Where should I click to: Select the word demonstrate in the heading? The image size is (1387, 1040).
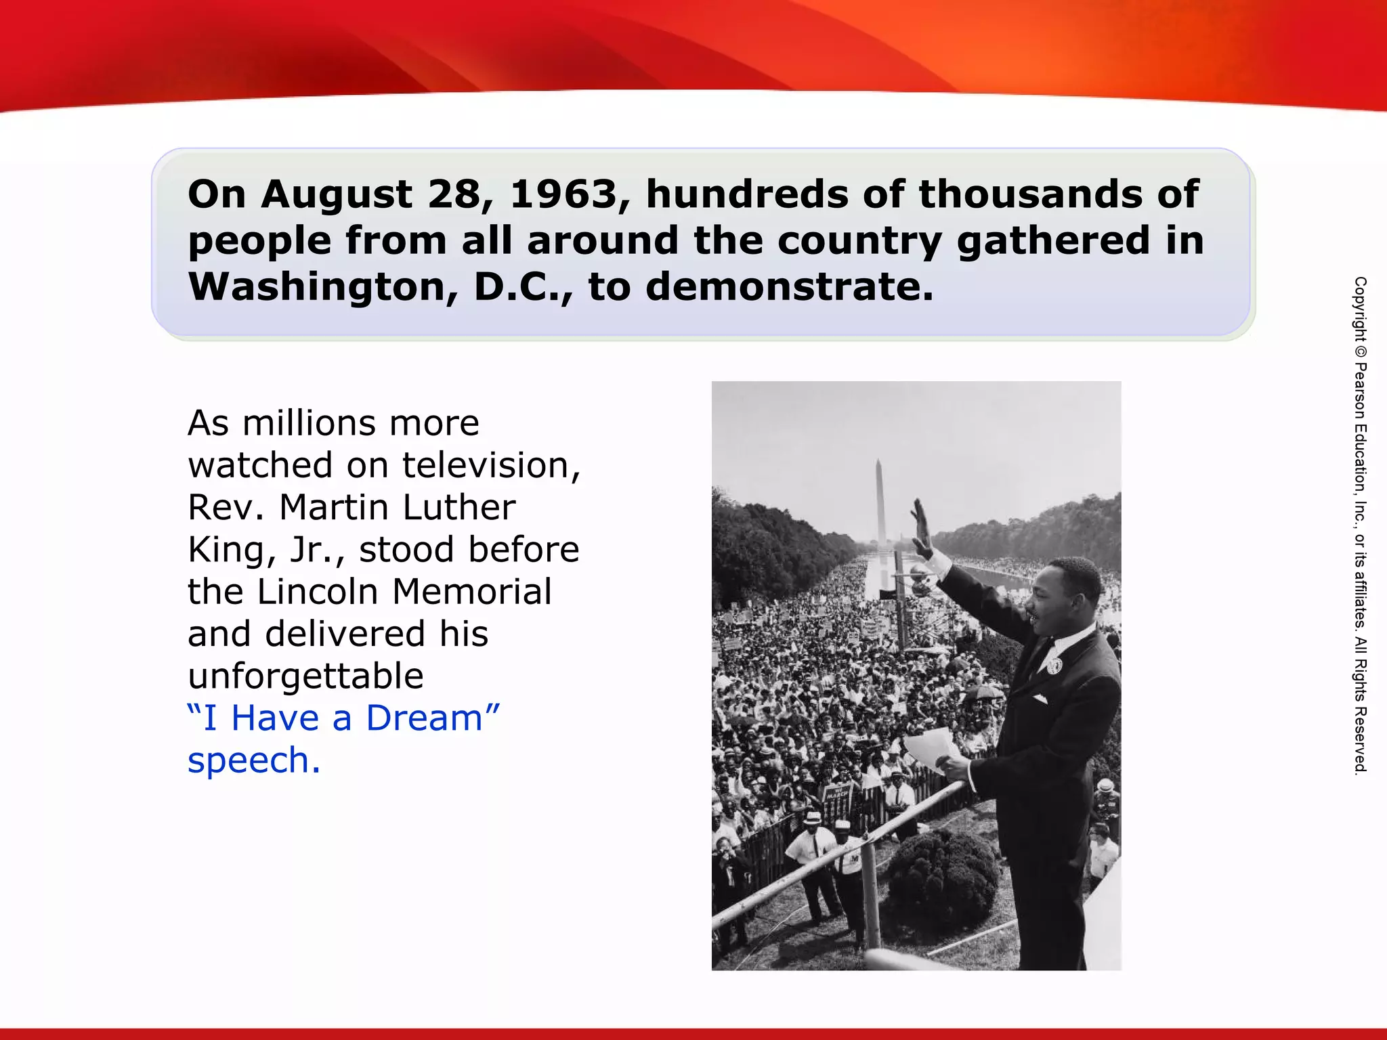(789, 286)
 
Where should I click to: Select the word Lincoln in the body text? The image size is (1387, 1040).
(318, 591)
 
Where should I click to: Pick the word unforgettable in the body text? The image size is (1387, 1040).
(305, 676)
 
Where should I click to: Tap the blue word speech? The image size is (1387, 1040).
(253, 760)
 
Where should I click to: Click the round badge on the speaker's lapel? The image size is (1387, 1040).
(1054, 666)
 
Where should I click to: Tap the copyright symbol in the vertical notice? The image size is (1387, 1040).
(1360, 352)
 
